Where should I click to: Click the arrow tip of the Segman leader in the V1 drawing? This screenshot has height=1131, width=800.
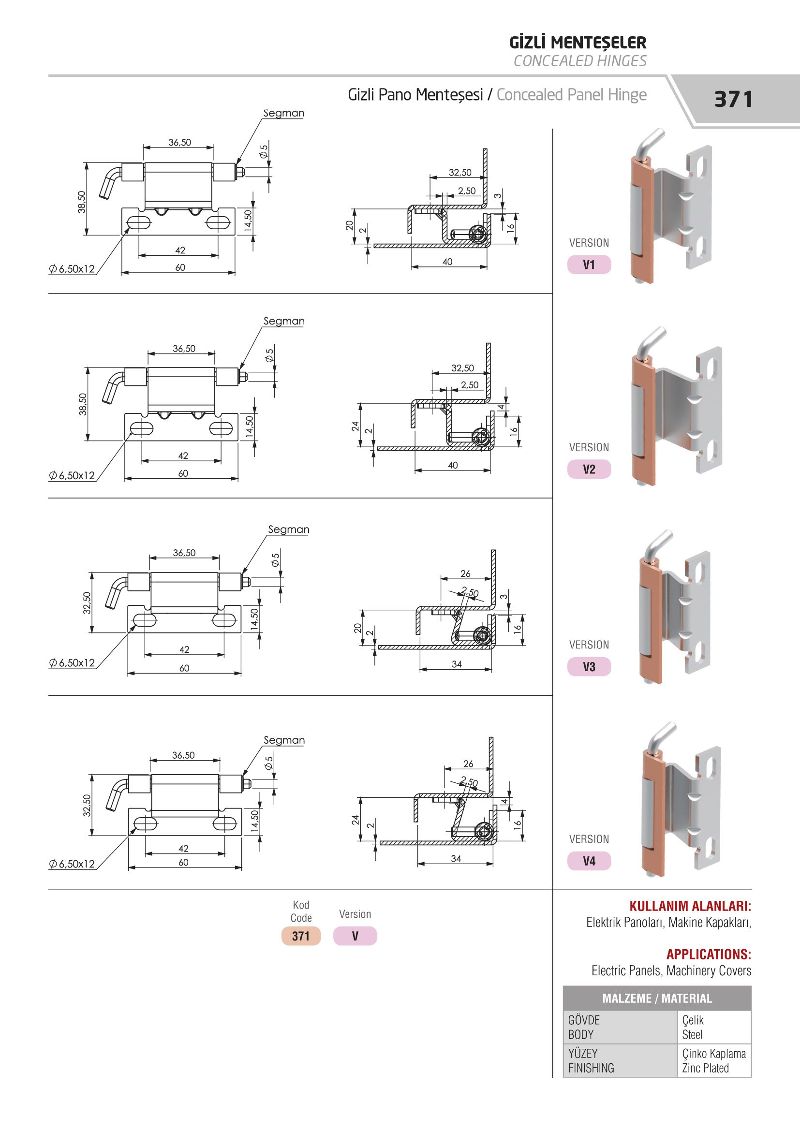click(x=236, y=165)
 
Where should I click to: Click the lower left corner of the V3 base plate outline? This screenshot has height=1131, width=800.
click(x=128, y=633)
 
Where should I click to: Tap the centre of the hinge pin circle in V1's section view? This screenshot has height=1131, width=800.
click(x=476, y=234)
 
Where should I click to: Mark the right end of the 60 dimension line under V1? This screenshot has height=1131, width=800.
click(x=235, y=272)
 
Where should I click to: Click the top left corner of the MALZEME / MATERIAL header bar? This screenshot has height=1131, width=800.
click(x=563, y=986)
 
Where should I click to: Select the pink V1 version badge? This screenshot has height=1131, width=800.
click(x=589, y=265)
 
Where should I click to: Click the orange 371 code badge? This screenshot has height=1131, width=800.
click(x=301, y=936)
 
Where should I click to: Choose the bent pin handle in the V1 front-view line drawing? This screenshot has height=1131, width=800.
click(x=110, y=182)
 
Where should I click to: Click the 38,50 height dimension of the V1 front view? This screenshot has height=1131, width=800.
click(x=82, y=202)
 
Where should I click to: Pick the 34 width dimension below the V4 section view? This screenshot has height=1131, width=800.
click(x=456, y=859)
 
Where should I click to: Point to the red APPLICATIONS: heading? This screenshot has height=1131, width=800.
click(x=709, y=955)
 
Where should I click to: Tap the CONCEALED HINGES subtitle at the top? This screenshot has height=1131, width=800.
click(x=580, y=61)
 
